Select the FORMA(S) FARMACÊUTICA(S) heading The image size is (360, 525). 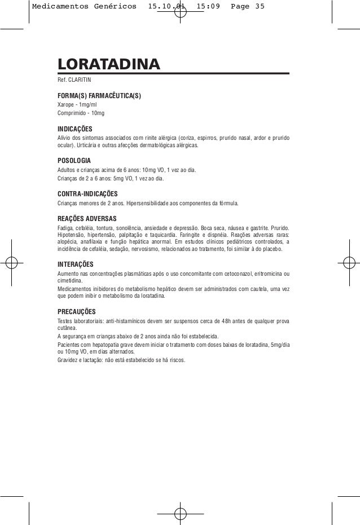tap(99, 96)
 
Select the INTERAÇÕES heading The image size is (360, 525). tap(76, 264)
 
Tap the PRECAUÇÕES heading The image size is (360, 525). tap(76, 311)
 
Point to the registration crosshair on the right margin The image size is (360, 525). tap(348, 263)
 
